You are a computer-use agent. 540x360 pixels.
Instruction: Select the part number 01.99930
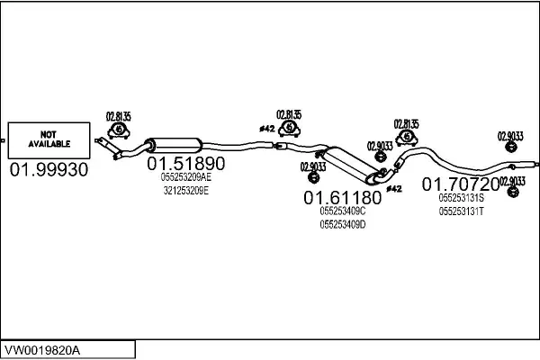[49, 169]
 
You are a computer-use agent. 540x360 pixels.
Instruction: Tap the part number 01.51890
[186, 164]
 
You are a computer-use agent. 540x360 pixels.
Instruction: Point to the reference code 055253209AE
[186, 177]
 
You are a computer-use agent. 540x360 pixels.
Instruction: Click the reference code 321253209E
[186, 190]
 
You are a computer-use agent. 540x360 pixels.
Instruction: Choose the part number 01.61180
[342, 197]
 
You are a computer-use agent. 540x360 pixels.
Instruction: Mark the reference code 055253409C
[343, 211]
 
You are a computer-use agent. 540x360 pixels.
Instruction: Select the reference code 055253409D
[343, 223]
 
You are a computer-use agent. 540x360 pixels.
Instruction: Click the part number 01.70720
[461, 184]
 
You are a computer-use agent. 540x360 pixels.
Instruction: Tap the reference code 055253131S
[461, 197]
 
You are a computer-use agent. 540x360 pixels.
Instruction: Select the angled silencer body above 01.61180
[347, 164]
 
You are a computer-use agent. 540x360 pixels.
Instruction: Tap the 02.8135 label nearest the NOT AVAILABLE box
[119, 115]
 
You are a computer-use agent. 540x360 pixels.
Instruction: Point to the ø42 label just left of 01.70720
[394, 188]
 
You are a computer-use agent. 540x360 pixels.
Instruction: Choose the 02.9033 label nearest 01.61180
[312, 166]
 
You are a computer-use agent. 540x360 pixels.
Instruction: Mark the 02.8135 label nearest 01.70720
[407, 123]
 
